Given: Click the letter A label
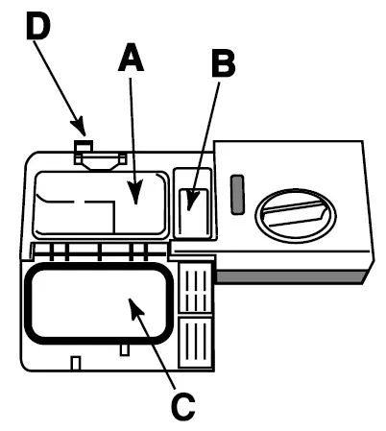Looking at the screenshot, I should pyautogui.click(x=131, y=60).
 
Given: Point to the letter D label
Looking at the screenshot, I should pyautogui.click(x=36, y=26).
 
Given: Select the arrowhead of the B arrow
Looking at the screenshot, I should pyautogui.click(x=193, y=205).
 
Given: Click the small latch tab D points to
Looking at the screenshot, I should pyautogui.click(x=84, y=147).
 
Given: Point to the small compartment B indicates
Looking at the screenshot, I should pyautogui.click(x=195, y=210).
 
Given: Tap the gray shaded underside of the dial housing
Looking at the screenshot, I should pyautogui.click(x=288, y=275).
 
